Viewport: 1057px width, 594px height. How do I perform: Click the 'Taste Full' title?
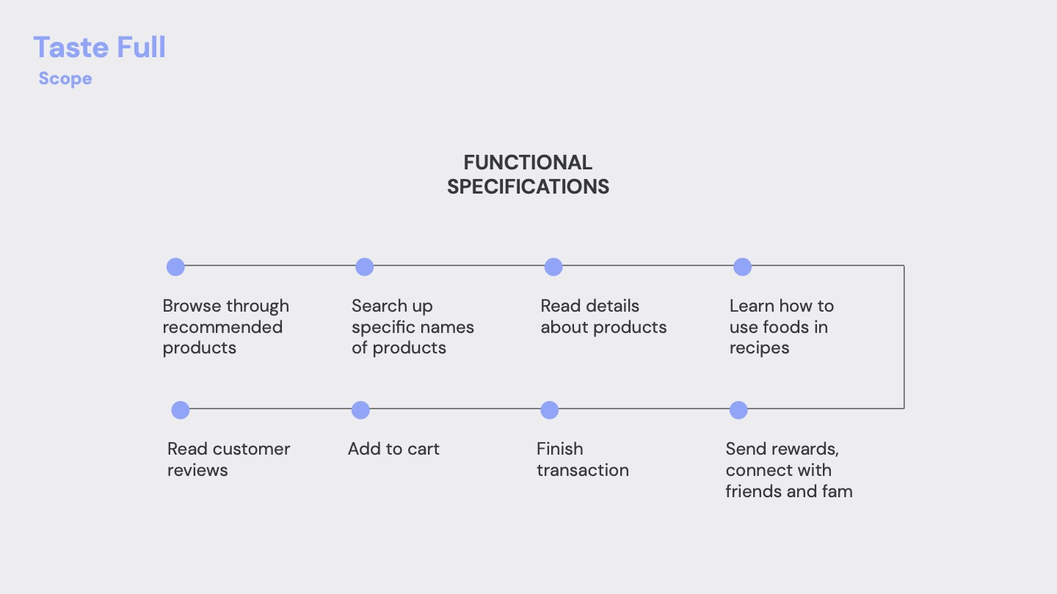coord(100,47)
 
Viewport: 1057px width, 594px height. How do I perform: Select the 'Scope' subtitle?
coord(65,78)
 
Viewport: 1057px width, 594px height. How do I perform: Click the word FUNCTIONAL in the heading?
coord(528,163)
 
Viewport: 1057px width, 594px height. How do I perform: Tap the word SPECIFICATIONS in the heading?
coord(528,187)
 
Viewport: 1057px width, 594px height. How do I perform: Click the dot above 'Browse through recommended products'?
coord(175,267)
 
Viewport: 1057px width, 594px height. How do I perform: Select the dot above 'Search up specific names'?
coord(364,267)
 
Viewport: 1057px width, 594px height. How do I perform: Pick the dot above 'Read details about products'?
coord(553,267)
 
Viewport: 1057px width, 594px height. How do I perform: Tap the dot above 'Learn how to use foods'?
coord(742,267)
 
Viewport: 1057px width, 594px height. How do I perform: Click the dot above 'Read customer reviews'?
coord(181,410)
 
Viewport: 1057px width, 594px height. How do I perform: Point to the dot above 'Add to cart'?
coord(360,410)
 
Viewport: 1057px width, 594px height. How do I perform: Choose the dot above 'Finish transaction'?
coord(549,410)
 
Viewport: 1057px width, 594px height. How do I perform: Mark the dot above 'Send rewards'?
coord(738,410)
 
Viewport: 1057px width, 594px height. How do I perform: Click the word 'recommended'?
coord(222,327)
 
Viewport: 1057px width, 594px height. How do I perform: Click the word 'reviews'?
coord(197,471)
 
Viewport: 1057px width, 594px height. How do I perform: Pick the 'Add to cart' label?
coord(393,449)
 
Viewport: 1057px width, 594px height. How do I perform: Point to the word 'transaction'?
coord(583,470)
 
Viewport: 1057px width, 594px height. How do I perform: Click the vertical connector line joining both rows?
coord(904,337)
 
